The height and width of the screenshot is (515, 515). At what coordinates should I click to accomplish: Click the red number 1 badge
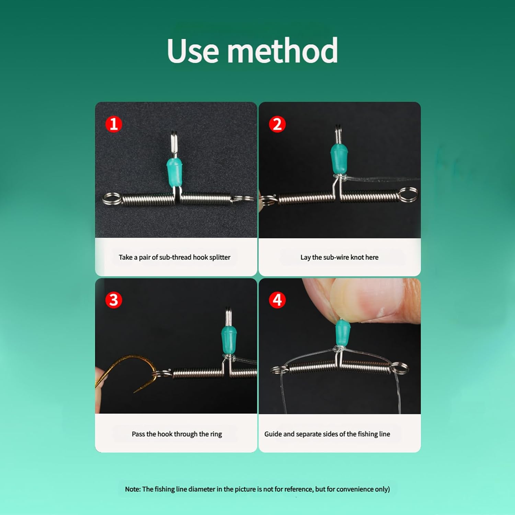click(114, 124)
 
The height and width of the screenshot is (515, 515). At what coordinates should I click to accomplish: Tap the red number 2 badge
click(277, 124)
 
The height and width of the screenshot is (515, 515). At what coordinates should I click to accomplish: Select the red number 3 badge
click(114, 300)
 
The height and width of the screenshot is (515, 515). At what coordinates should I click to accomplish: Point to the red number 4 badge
click(277, 300)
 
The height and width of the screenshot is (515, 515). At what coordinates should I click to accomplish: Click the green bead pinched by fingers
click(343, 333)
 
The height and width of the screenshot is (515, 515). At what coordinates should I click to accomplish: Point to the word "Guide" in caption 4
click(273, 434)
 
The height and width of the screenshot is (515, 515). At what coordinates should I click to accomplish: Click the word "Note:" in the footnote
click(133, 489)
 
